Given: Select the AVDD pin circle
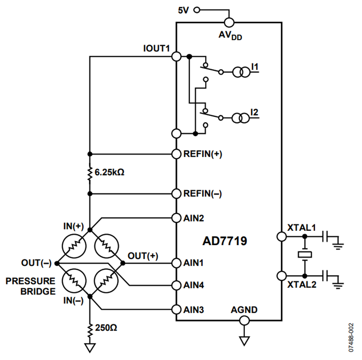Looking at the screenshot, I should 229,23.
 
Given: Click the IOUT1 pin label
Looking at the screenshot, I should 156,48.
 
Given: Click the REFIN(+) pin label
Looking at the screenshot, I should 203,154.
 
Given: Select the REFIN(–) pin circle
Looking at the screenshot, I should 176,194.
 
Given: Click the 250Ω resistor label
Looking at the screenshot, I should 107,327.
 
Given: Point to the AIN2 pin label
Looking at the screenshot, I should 194,218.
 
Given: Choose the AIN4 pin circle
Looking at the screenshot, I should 176,285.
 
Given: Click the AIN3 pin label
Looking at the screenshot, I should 194,310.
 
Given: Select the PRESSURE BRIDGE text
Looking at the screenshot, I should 31,286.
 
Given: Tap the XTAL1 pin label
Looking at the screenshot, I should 302,228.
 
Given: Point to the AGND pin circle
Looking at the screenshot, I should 244,321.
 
